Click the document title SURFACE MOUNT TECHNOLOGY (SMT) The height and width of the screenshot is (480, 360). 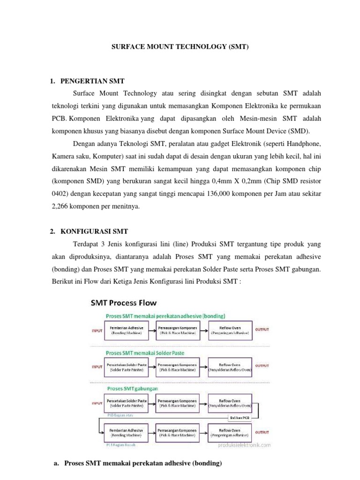coord(180,47)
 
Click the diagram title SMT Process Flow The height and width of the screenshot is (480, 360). coord(124,302)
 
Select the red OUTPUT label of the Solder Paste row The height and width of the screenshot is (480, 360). coord(262,365)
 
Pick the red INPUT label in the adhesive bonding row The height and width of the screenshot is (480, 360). coord(97,330)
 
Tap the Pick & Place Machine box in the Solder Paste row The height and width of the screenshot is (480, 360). coord(178,367)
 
